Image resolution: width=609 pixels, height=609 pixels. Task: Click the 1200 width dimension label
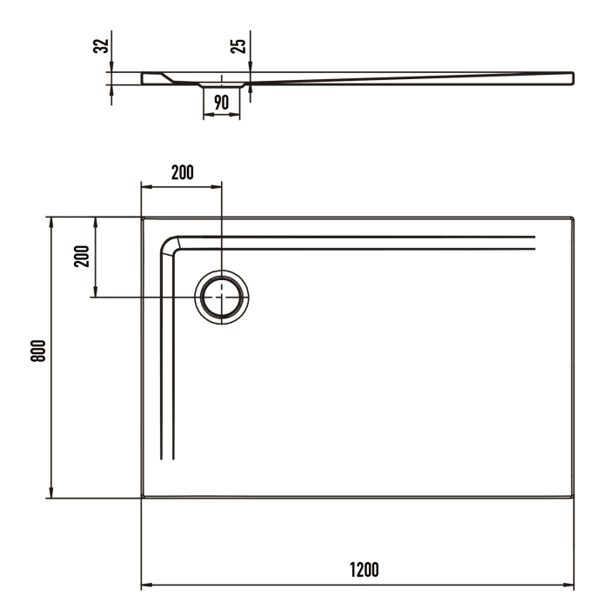pos(364,570)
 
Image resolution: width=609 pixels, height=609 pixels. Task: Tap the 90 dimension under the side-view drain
pos(221,102)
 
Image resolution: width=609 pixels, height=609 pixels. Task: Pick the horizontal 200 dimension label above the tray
pos(182,172)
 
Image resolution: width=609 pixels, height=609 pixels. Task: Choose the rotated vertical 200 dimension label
pos(81,257)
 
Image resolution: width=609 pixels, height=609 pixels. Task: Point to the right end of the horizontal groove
pos(533,243)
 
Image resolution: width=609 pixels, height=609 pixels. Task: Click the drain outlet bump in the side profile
pos(221,86)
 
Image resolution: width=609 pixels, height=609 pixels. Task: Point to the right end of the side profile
pos(572,78)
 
